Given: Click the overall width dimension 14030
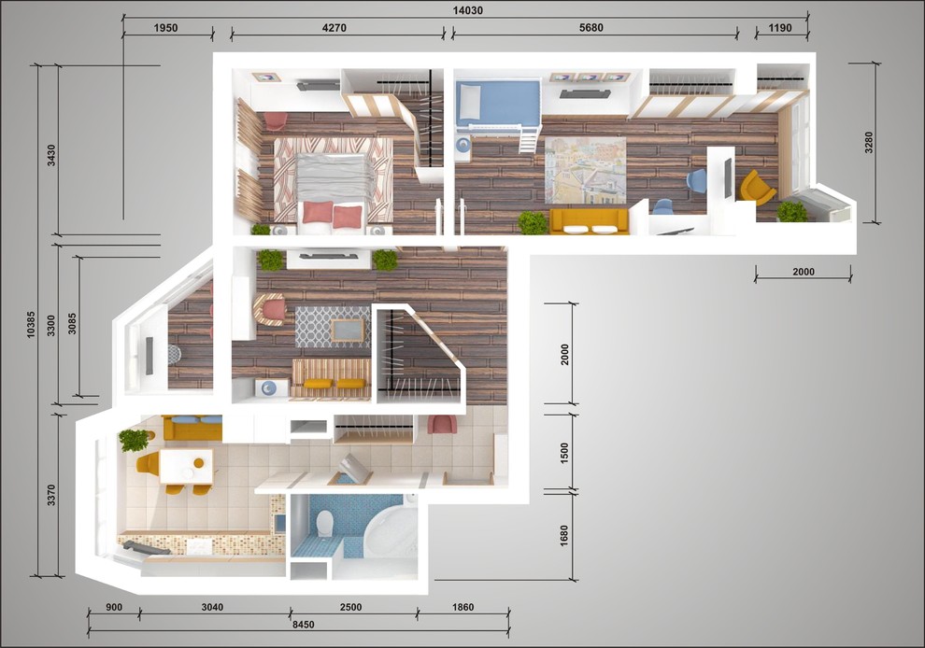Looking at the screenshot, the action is click(467, 10).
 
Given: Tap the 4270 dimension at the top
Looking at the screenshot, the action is click(334, 28).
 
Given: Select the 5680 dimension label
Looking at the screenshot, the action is click(591, 28).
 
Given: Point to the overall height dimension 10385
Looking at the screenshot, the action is click(31, 324).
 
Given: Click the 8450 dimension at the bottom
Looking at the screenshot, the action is click(304, 625).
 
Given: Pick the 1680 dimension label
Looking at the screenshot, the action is click(564, 535).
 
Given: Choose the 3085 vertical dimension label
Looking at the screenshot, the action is click(72, 323).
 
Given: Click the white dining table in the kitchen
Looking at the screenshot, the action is click(186, 466).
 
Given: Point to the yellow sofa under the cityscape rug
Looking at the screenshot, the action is click(589, 221).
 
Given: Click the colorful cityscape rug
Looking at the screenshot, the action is click(585, 170).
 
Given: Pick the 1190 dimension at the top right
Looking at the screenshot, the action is click(780, 28).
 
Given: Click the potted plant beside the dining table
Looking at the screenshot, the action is click(135, 439).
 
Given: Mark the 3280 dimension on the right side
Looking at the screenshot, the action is click(868, 143).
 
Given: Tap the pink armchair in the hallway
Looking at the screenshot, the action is click(442, 424).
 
